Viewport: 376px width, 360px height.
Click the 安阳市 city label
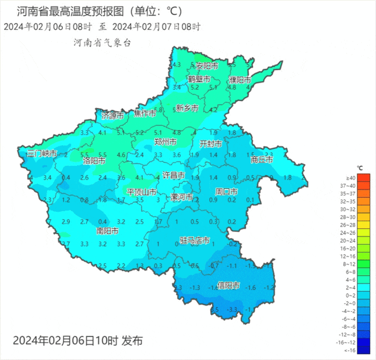[x=207, y=66]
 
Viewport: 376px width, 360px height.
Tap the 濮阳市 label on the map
[x=240, y=79]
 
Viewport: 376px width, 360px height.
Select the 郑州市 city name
[x=166, y=142]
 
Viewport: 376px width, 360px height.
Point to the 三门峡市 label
[x=42, y=154]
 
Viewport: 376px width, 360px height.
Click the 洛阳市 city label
[x=94, y=160]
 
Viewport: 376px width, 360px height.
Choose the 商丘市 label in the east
[x=261, y=159]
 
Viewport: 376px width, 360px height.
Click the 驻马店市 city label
[x=194, y=241]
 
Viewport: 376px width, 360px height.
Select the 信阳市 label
[x=228, y=286]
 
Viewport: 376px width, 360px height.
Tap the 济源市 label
[x=112, y=115]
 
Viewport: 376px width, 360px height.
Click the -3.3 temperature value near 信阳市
[x=233, y=309]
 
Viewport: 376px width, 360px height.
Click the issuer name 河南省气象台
[x=102, y=42]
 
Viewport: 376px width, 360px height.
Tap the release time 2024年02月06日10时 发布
[x=77, y=341]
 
